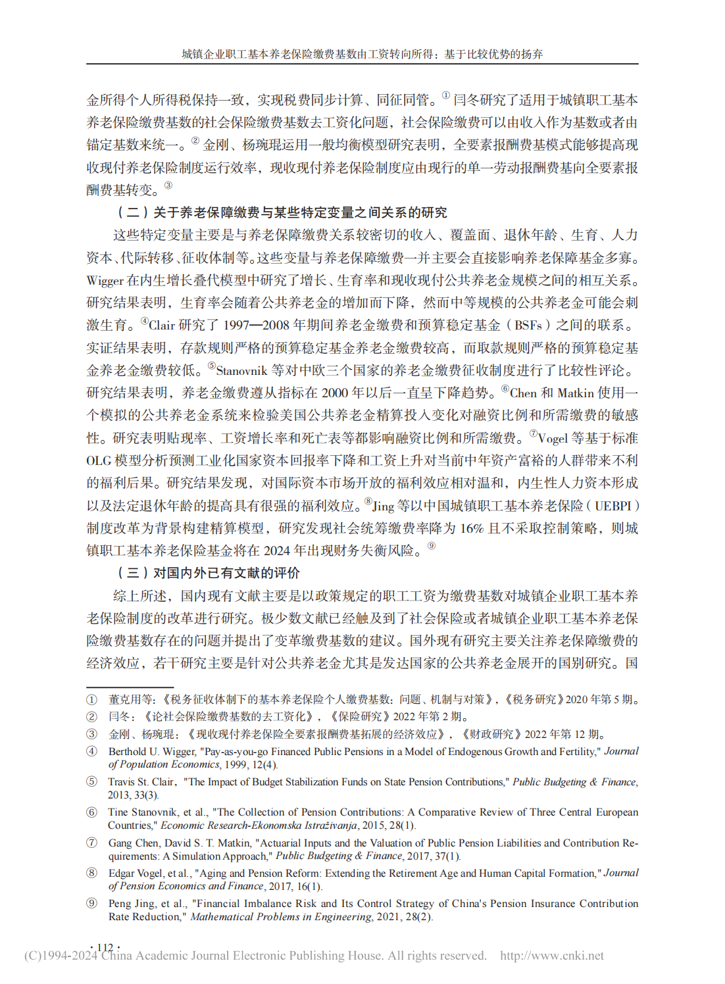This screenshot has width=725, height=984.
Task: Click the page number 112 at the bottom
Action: point(105,947)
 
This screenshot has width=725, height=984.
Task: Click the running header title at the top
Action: point(362,55)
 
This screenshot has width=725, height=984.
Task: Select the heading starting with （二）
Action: point(282,212)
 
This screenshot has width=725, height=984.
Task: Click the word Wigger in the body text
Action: point(105,281)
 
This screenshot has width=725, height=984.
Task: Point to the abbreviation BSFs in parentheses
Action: point(528,326)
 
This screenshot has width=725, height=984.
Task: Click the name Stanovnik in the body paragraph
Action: point(241,371)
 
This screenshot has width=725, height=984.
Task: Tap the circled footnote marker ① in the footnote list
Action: point(91,700)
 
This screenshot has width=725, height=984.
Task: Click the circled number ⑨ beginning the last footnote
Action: point(91,904)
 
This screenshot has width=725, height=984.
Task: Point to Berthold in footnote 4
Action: point(128,752)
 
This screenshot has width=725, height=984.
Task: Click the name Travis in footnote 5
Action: point(122,782)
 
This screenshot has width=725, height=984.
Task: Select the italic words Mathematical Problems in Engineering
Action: point(281,917)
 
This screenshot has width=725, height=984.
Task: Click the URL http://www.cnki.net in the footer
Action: point(551,956)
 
